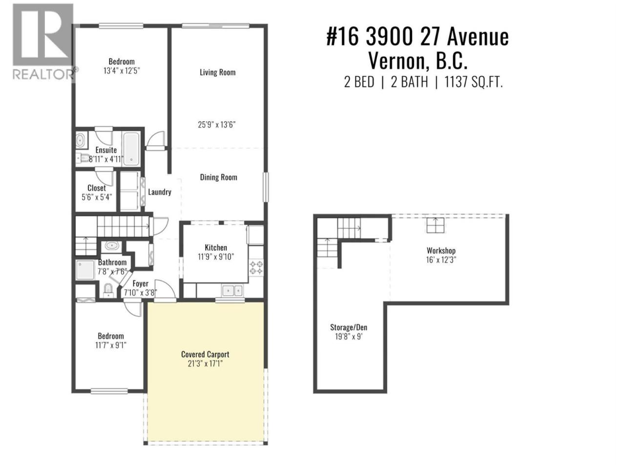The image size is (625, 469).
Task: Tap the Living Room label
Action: click(218, 72)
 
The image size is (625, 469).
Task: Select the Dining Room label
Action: click(218, 177)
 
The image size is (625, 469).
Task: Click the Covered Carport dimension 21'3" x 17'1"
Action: click(205, 363)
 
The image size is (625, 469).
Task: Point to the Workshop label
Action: click(441, 251)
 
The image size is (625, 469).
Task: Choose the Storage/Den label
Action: click(349, 327)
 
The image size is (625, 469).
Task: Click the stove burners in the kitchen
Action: click(256, 268)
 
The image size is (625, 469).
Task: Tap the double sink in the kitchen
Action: click(232, 291)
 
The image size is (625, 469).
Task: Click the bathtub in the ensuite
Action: click(131, 149)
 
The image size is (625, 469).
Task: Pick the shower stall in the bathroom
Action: click(85, 270)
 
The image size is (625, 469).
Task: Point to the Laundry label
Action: click(160, 192)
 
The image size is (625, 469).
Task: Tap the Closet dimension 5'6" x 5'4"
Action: click(97, 197)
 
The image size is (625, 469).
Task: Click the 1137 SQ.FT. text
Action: click(474, 82)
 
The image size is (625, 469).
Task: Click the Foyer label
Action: click(140, 284)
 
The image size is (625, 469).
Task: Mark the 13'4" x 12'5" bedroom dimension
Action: click(122, 71)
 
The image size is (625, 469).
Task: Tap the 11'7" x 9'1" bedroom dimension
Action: click(111, 345)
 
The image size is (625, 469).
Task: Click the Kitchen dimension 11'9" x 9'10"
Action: click(216, 257)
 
